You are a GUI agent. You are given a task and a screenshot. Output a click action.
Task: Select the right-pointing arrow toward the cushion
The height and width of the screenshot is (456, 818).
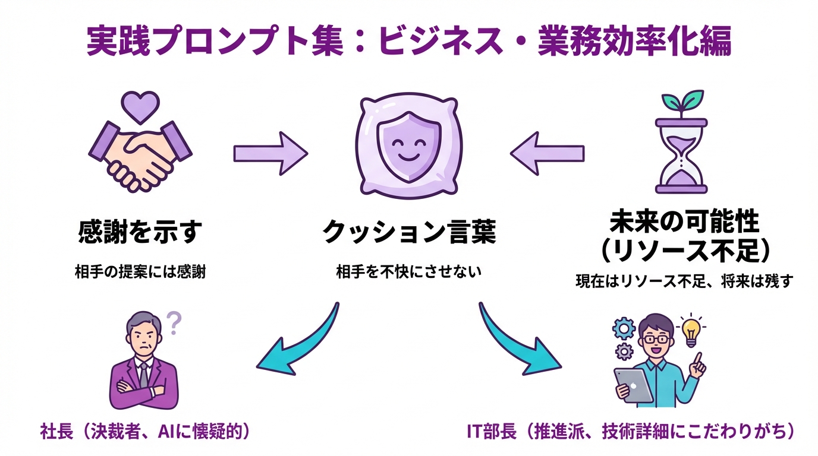click(270, 154)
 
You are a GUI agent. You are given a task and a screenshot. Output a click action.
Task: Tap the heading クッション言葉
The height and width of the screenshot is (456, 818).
click(408, 232)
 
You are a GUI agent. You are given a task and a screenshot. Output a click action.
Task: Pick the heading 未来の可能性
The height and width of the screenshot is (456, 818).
click(684, 223)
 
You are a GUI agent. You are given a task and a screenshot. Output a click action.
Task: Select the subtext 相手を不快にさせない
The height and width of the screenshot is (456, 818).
click(408, 272)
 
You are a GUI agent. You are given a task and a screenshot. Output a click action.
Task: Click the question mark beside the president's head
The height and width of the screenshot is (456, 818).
click(174, 324)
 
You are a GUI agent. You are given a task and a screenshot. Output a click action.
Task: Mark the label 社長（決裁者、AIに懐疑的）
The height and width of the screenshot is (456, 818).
click(144, 432)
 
